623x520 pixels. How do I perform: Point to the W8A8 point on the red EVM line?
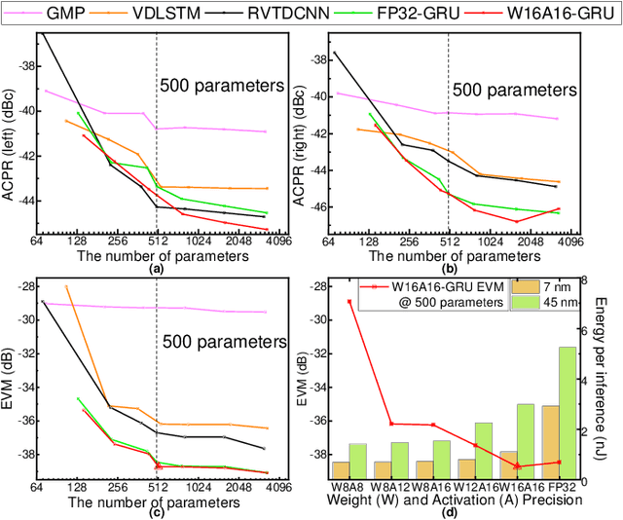[x=348, y=301]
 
